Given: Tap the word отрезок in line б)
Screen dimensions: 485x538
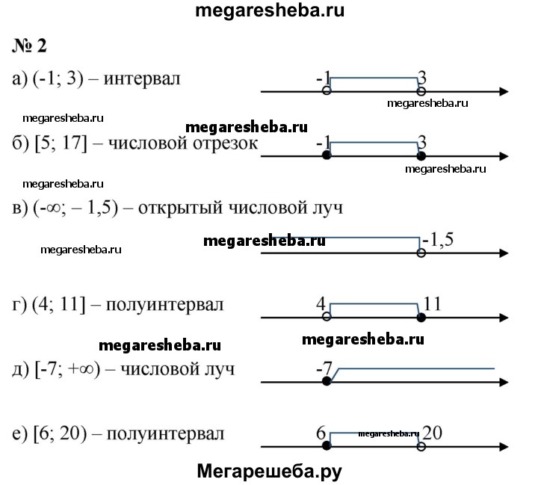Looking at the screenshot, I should (229, 143).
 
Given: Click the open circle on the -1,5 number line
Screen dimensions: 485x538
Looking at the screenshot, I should (421, 254).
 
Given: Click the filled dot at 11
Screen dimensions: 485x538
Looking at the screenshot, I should (421, 318).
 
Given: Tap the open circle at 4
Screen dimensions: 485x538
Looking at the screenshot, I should (326, 318).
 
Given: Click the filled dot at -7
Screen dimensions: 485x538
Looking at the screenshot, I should (326, 381).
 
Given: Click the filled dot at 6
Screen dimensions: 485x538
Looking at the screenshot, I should (326, 446).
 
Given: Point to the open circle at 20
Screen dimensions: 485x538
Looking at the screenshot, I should (421, 446).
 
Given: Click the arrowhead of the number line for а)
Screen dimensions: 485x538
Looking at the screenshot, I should (505, 92).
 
